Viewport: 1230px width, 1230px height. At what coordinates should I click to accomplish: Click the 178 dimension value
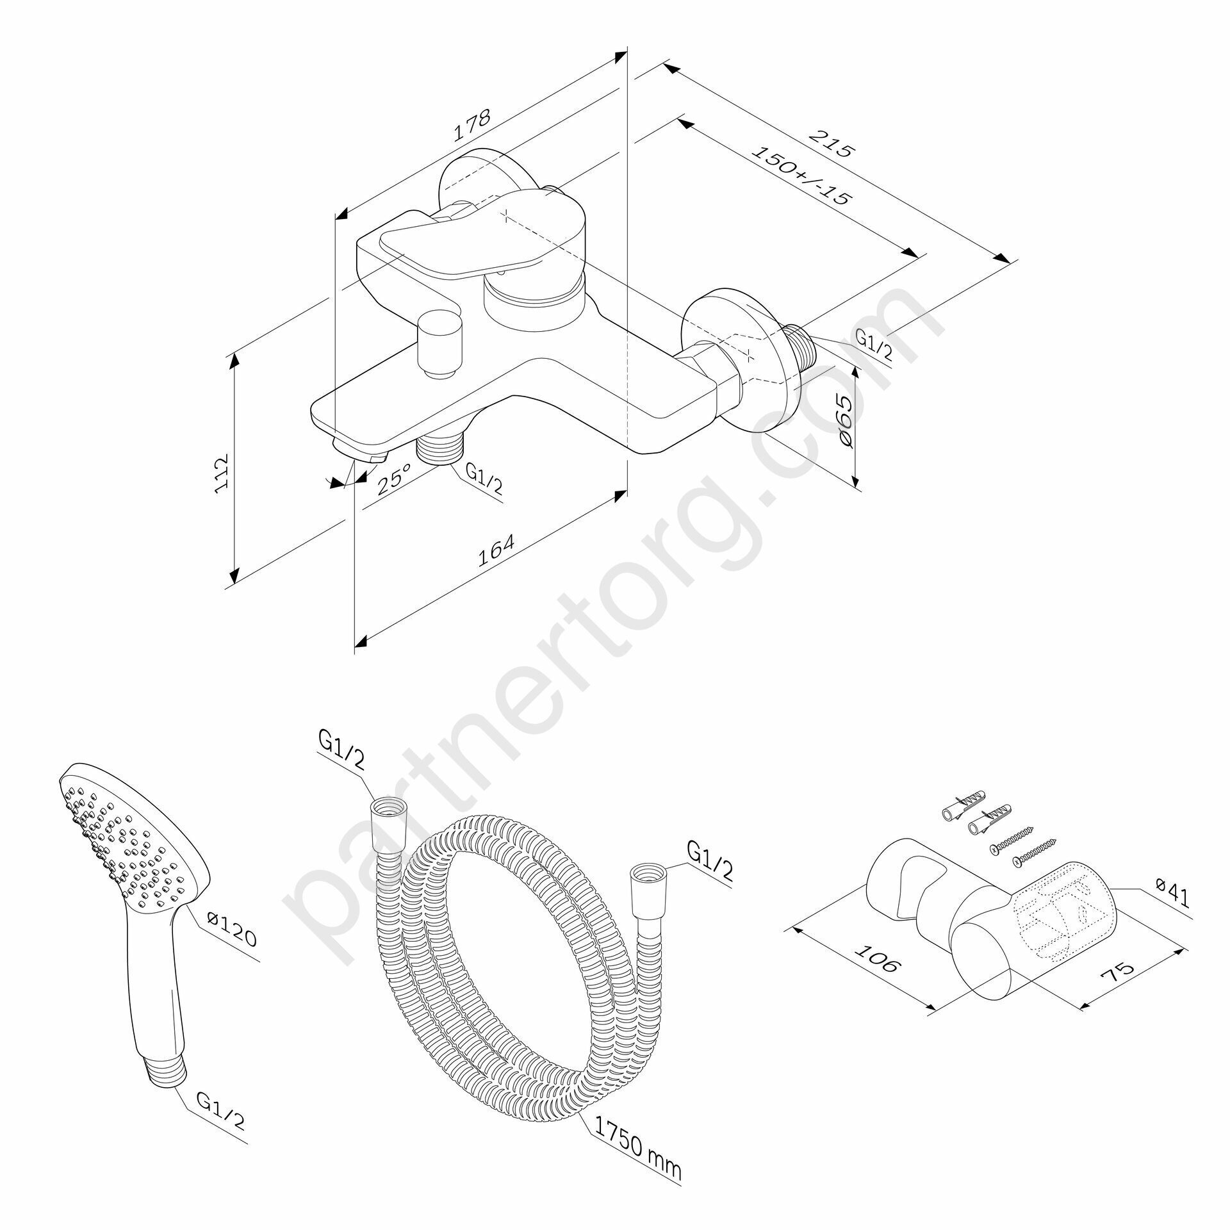[472, 126]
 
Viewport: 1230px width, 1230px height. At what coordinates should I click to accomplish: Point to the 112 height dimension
[222, 474]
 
